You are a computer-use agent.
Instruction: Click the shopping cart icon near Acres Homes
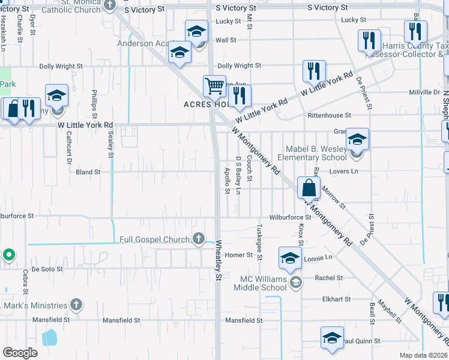click(214, 86)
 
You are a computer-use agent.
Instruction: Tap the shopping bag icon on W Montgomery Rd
click(308, 188)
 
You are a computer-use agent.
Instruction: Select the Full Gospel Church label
click(154, 239)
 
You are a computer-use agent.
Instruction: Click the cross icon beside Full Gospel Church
click(199, 239)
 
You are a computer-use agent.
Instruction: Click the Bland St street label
click(88, 172)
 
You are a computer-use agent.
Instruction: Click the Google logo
click(20, 353)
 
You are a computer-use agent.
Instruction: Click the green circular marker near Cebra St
click(8, 255)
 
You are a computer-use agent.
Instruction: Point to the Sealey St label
click(111, 145)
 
